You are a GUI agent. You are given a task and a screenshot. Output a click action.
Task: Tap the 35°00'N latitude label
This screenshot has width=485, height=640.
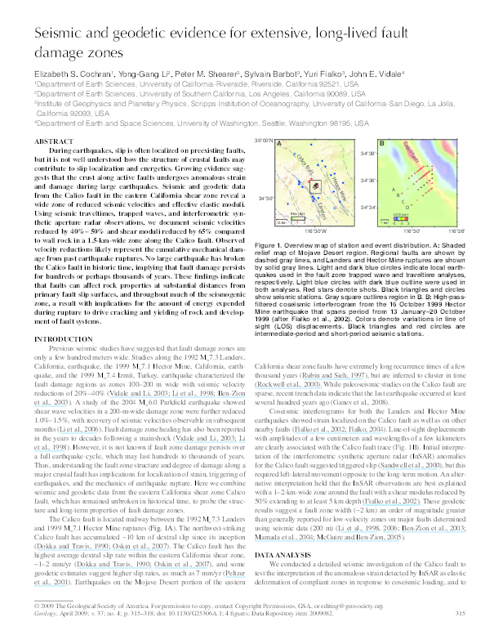tap(261, 141)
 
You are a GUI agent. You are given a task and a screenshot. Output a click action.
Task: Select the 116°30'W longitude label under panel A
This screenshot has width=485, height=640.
tap(318, 231)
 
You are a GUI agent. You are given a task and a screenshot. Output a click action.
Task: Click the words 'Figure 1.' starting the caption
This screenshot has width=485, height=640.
tap(269, 244)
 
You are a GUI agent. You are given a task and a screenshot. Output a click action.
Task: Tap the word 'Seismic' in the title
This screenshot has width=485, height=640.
tap(60, 34)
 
